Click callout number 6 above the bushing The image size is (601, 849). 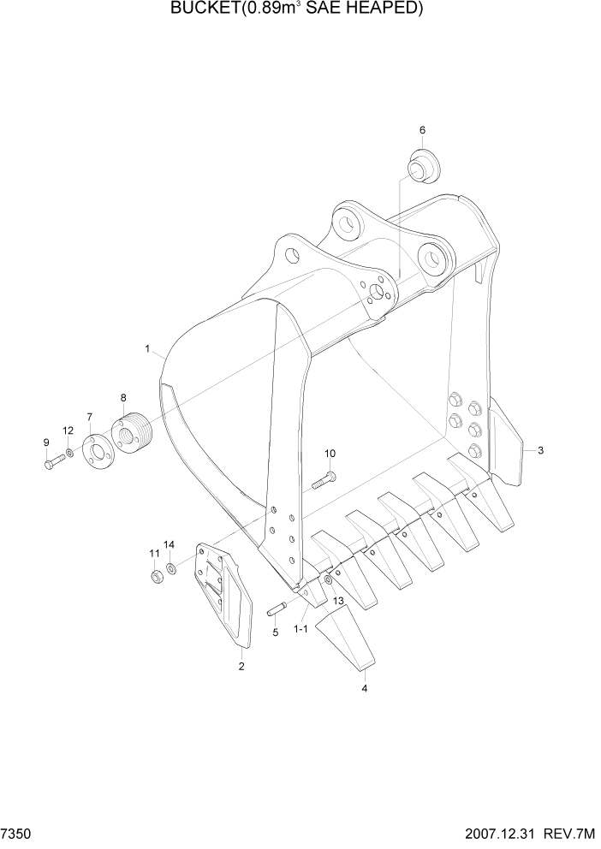422,130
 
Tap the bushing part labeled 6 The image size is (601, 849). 420,165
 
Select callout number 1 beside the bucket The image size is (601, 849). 147,349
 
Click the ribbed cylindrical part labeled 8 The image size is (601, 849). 131,434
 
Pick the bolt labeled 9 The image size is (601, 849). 53,463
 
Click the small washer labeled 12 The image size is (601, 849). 68,452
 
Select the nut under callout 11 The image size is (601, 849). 156,576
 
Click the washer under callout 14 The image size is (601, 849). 171,568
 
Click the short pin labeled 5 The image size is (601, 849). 277,609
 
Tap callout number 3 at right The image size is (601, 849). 540,449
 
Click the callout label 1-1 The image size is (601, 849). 301,629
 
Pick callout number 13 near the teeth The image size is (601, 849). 338,603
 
